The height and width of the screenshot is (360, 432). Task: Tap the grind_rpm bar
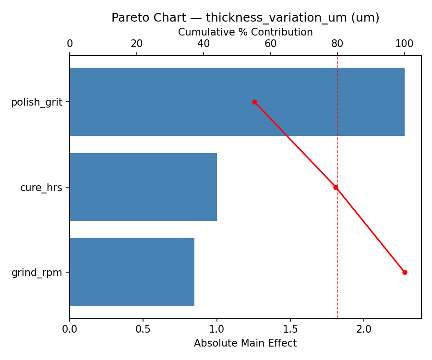132,272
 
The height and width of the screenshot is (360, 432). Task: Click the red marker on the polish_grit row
254,102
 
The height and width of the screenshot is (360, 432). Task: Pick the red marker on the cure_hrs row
336,187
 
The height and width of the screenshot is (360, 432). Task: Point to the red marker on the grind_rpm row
405,272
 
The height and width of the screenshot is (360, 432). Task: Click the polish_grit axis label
36,102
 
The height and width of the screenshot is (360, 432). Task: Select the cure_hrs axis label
41,188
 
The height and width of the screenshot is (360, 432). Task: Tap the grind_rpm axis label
36,273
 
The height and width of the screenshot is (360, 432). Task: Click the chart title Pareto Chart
245,18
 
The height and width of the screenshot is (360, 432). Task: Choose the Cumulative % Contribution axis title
245,32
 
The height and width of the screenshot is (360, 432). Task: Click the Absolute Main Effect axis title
245,343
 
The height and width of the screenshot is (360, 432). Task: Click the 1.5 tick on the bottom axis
290,329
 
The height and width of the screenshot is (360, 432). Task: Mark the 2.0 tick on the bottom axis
364,329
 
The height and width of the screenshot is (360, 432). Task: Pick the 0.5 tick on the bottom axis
143,329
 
